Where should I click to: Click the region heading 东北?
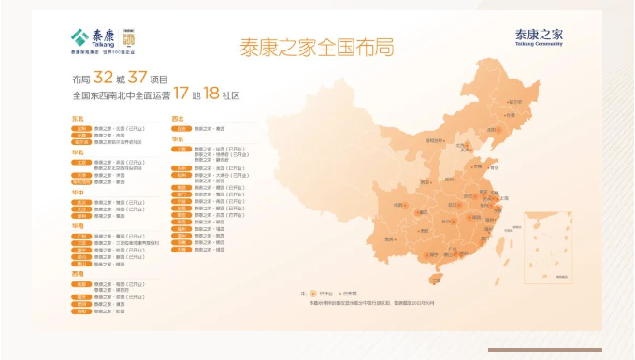click(x=78, y=119)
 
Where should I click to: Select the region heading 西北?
click(x=178, y=119)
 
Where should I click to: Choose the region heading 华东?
click(x=178, y=138)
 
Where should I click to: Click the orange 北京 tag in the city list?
click(x=82, y=159)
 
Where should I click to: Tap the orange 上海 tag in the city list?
click(x=181, y=148)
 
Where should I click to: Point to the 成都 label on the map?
click(x=400, y=203)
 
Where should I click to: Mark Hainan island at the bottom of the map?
click(x=435, y=278)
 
